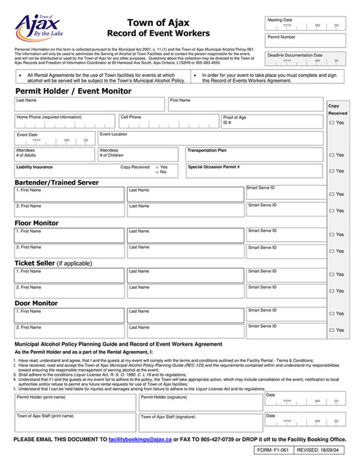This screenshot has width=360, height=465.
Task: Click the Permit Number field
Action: (305, 40)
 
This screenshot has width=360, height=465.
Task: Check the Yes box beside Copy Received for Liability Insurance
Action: (158, 167)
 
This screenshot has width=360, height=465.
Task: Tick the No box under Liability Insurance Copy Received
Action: (158, 172)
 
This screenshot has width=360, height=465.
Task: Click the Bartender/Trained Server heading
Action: (57, 182)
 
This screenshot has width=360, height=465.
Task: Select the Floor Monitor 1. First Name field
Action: (69, 234)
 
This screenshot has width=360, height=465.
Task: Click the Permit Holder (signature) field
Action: (200, 401)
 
